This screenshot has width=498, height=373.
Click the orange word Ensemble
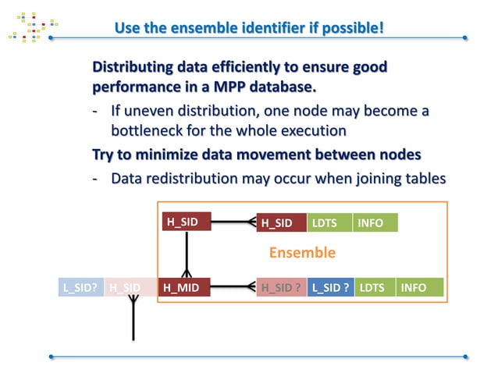pos(302,253)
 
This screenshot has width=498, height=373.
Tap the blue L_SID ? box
pos(330,287)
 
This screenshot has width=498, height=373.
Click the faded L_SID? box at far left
pos(80,287)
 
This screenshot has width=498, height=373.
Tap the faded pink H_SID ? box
pos(281,287)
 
